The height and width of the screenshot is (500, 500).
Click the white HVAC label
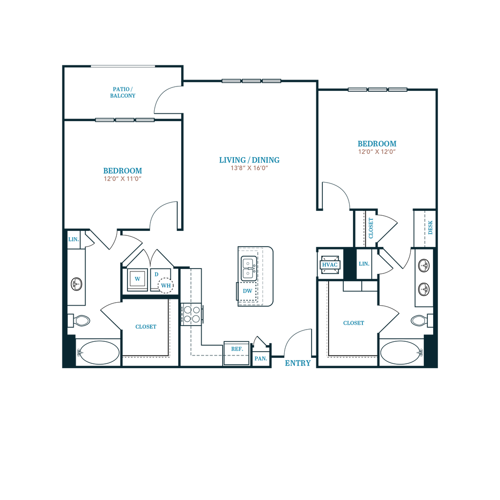(330, 265)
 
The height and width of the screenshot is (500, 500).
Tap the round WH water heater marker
(166, 285)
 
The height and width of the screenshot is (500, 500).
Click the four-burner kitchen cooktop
(192, 313)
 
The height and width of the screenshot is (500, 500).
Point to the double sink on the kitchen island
(248, 267)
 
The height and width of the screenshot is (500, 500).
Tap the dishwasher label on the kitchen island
(247, 292)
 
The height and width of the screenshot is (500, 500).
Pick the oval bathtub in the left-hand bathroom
(99, 353)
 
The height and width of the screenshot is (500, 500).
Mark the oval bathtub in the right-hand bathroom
(401, 353)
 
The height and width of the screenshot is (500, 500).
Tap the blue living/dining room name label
(250, 160)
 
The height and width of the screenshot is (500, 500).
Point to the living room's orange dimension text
(250, 168)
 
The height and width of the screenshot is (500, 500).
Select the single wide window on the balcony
(123, 66)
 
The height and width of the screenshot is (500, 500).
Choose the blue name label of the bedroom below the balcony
(123, 170)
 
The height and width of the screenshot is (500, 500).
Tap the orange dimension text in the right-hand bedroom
(377, 152)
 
